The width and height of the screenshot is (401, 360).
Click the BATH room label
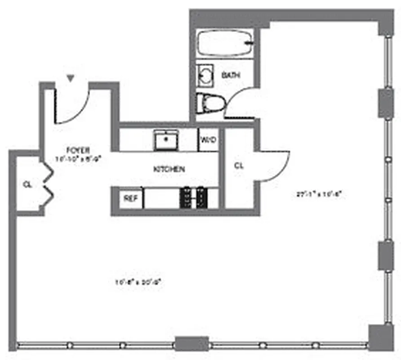231,76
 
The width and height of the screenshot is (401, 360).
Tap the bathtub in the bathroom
225,44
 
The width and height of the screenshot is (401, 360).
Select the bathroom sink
205,74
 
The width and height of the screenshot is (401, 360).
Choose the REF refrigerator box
131,198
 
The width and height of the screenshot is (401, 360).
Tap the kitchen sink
166,139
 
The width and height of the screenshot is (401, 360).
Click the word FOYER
78,150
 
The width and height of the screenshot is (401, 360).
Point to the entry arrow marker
71,78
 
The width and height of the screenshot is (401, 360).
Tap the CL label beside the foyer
27,184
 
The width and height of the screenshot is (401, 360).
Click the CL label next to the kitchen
239,166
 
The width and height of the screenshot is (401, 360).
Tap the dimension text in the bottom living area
138,283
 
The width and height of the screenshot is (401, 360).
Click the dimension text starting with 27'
320,195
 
